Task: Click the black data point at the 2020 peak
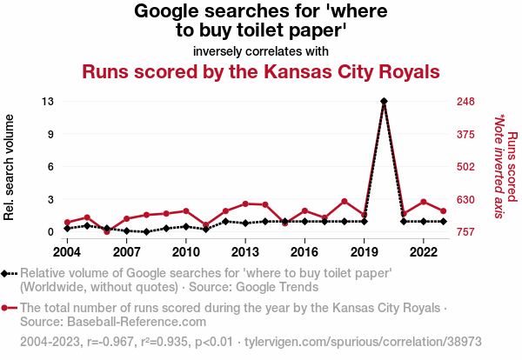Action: pyautogui.click(x=384, y=102)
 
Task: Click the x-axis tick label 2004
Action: pyautogui.click(x=67, y=252)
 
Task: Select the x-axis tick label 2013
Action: pyautogui.click(x=245, y=252)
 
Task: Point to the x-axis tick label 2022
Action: pyautogui.click(x=424, y=252)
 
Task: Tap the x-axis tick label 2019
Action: pyautogui.click(x=364, y=252)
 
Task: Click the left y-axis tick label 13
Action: pyautogui.click(x=48, y=102)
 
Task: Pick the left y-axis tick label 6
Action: pyautogui.click(x=51, y=167)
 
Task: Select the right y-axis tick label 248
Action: pyautogui.click(x=465, y=102)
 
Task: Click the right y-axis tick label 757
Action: pyautogui.click(x=465, y=232)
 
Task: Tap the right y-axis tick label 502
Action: pyautogui.click(x=465, y=167)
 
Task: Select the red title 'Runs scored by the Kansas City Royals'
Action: pyautogui.click(x=261, y=71)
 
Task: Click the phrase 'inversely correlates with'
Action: pyautogui.click(x=261, y=50)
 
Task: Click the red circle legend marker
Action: pyautogui.click(x=9, y=307)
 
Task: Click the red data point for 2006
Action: pyautogui.click(x=107, y=231)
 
